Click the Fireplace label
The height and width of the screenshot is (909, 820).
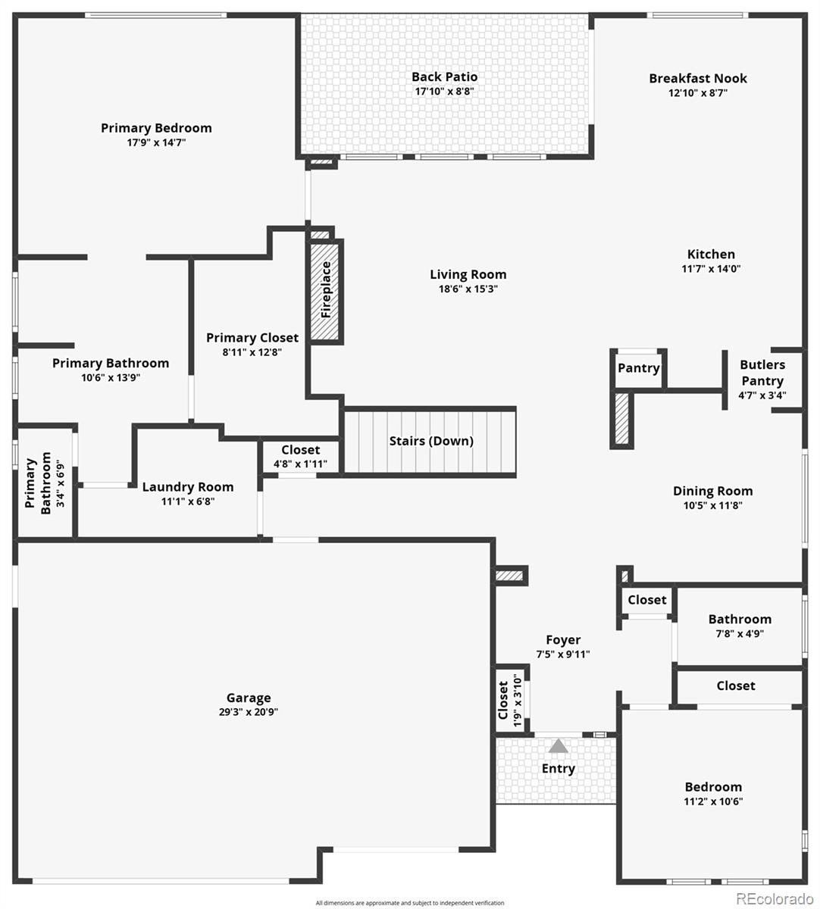[x=327, y=289]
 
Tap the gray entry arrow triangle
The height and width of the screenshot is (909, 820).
[x=559, y=746]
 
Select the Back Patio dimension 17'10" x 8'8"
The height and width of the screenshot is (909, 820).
[x=445, y=92]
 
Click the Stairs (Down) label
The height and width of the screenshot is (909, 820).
[x=431, y=441]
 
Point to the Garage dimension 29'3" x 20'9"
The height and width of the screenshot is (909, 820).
[x=249, y=712]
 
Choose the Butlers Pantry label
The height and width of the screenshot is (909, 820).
[x=762, y=373]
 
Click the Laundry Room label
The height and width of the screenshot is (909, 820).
[x=188, y=487]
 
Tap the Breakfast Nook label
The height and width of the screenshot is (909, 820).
[x=698, y=78]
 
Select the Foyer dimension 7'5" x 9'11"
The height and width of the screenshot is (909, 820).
[x=563, y=654]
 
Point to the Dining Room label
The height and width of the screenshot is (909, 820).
[x=713, y=491]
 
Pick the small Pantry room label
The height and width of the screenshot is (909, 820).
[x=639, y=368]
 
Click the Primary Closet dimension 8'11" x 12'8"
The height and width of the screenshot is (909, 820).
[x=252, y=351]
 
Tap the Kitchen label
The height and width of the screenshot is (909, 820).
[x=711, y=255]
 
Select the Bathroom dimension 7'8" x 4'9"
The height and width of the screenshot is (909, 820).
[x=740, y=633]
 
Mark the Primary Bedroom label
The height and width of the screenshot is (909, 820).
[x=156, y=128]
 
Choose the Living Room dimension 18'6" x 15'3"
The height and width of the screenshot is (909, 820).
[x=468, y=289]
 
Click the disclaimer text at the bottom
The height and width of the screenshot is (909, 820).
[x=410, y=903]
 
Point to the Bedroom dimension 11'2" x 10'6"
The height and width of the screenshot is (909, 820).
[x=713, y=801]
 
